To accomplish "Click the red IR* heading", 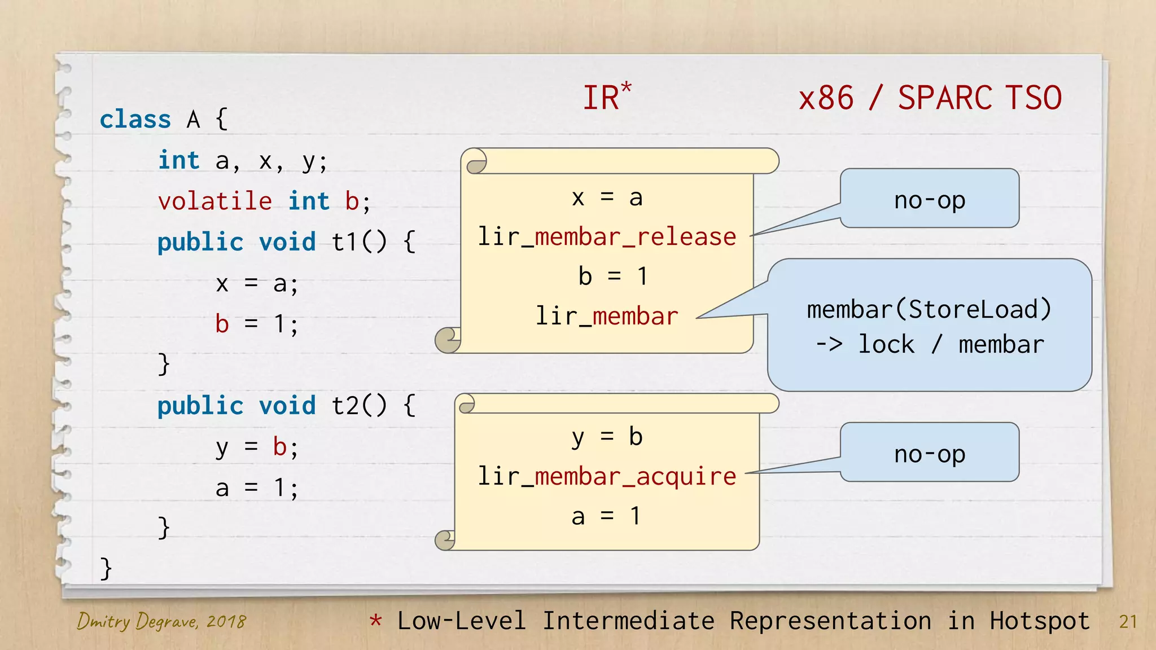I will [x=606, y=97].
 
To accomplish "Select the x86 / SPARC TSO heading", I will [x=930, y=98].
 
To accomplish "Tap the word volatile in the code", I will [x=215, y=201].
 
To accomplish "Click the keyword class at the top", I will [x=135, y=120].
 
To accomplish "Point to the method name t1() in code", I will [x=359, y=242].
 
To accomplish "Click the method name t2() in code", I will [x=359, y=406].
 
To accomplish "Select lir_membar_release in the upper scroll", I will [x=607, y=237].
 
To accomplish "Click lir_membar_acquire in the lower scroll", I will [x=607, y=477].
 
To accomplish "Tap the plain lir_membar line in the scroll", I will [x=607, y=317].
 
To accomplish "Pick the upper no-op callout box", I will [x=930, y=199].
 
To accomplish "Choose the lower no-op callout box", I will [x=930, y=453].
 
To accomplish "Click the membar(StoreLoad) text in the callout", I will [x=929, y=309].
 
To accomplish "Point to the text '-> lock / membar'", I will [x=929, y=344].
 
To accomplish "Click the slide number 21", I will [x=1127, y=622].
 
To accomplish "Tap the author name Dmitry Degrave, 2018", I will [x=161, y=621].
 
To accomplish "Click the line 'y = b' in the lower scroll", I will [x=607, y=437].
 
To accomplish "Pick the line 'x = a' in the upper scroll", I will [x=607, y=197].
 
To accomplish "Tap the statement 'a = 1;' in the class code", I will [x=257, y=488].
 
